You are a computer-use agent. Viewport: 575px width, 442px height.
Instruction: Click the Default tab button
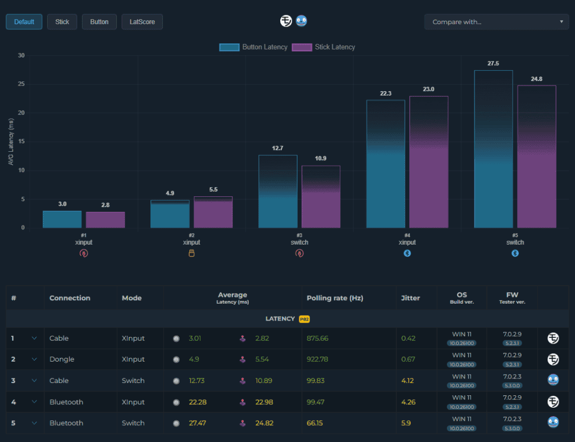click(x=24, y=22)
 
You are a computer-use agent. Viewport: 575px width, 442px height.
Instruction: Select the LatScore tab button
click(x=142, y=22)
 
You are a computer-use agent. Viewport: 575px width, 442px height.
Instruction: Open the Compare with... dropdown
click(x=496, y=22)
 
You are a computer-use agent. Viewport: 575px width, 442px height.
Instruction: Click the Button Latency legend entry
click(x=253, y=47)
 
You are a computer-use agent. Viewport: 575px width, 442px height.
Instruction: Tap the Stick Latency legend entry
click(x=323, y=47)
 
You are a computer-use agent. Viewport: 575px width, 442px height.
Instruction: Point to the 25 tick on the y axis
click(x=21, y=84)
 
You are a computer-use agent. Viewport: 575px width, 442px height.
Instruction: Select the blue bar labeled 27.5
click(x=493, y=149)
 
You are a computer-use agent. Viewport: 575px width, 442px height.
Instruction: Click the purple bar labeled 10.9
click(x=321, y=197)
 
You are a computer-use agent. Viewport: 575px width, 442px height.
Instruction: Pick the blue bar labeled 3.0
click(x=62, y=219)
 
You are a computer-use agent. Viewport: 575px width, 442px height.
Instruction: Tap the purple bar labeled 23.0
click(x=428, y=162)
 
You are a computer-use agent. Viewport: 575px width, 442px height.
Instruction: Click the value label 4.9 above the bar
click(x=170, y=193)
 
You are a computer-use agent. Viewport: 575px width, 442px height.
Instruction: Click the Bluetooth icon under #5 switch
click(x=515, y=253)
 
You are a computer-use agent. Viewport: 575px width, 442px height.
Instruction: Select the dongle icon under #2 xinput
click(x=191, y=253)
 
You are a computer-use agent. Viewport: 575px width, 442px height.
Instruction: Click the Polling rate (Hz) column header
click(x=335, y=298)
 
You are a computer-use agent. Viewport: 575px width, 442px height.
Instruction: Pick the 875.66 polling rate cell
click(x=318, y=338)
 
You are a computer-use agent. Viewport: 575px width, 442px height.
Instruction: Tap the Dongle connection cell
click(x=62, y=359)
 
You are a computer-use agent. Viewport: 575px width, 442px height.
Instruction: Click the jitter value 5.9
click(x=406, y=423)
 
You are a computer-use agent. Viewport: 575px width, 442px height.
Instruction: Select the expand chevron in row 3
click(x=34, y=380)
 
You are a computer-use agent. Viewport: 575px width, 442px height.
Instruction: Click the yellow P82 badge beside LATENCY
click(x=304, y=319)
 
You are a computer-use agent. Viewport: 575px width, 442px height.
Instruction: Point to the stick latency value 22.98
click(x=264, y=402)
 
